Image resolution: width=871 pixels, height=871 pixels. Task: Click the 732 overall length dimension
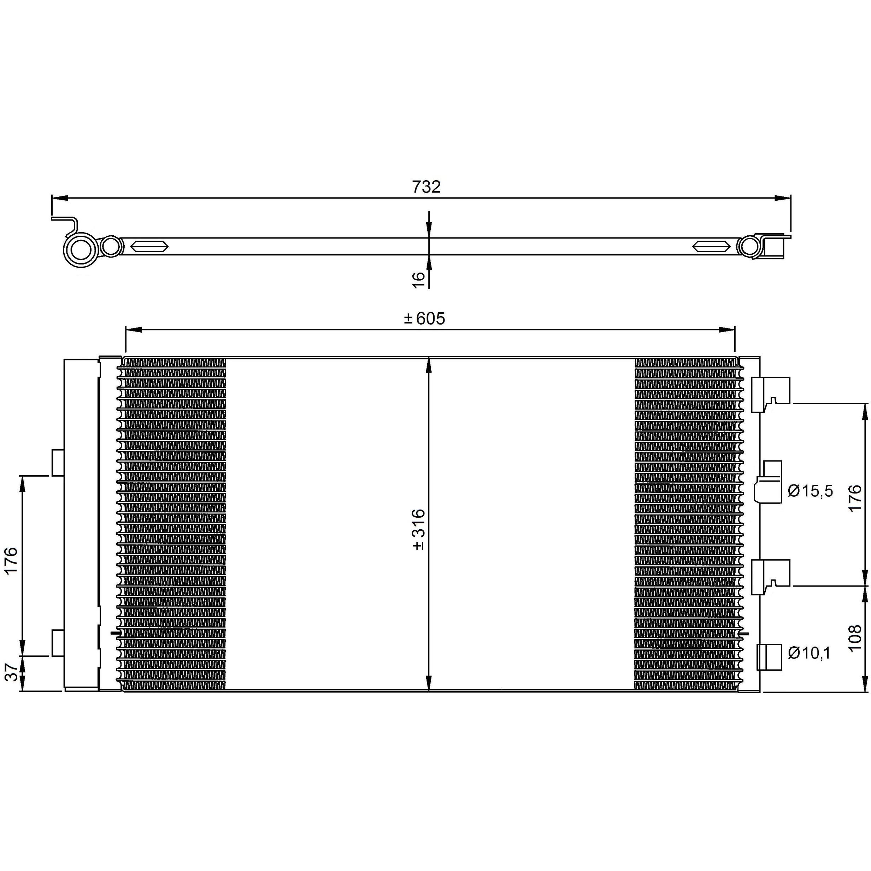pyautogui.click(x=426, y=187)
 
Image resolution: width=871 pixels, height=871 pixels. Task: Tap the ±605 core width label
pyautogui.click(x=424, y=318)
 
